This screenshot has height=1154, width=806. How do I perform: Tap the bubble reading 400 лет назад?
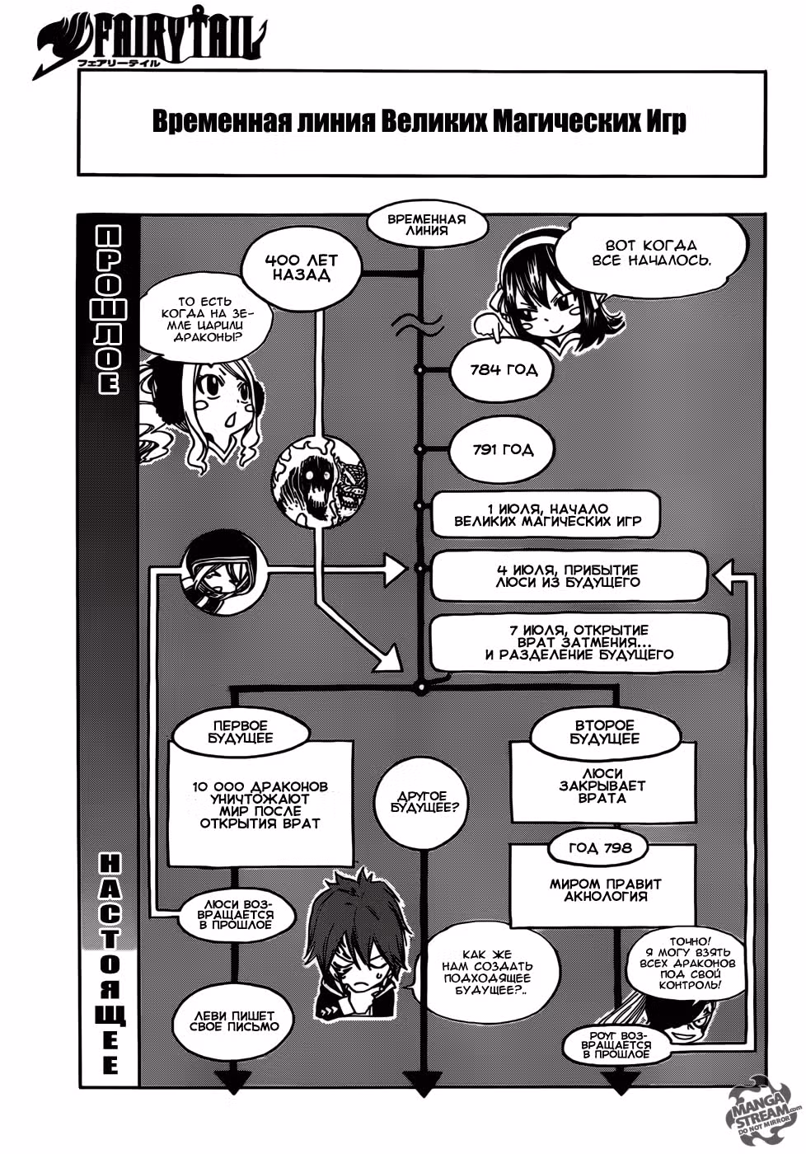pyautogui.click(x=302, y=267)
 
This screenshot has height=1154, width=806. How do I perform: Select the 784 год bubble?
pyautogui.click(x=502, y=370)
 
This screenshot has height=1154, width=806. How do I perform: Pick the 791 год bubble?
pyautogui.click(x=502, y=450)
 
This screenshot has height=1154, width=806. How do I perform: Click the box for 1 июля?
pyautogui.click(x=546, y=514)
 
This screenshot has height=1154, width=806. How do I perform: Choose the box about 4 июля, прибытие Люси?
pyautogui.click(x=568, y=576)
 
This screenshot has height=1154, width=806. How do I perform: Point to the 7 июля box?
pyautogui.click(x=579, y=642)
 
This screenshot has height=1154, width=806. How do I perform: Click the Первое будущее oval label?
pyautogui.click(x=241, y=732)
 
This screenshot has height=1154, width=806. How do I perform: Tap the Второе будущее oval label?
pyautogui.click(x=603, y=732)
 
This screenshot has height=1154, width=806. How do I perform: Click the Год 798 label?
pyautogui.click(x=600, y=847)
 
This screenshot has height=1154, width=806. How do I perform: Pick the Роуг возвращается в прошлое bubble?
pyautogui.click(x=616, y=1044)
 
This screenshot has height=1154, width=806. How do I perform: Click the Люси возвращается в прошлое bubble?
pyautogui.click(x=236, y=914)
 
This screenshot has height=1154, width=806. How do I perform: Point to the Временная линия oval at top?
pyautogui.click(x=426, y=225)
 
